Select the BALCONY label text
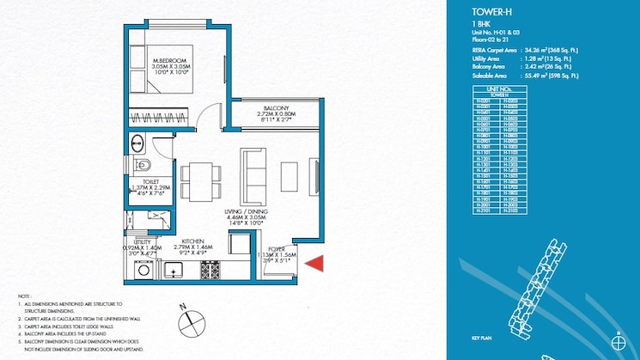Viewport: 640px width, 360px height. (x=275, y=107)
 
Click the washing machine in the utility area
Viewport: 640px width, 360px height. (x=143, y=271)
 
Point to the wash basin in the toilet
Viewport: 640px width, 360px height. (x=138, y=141)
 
